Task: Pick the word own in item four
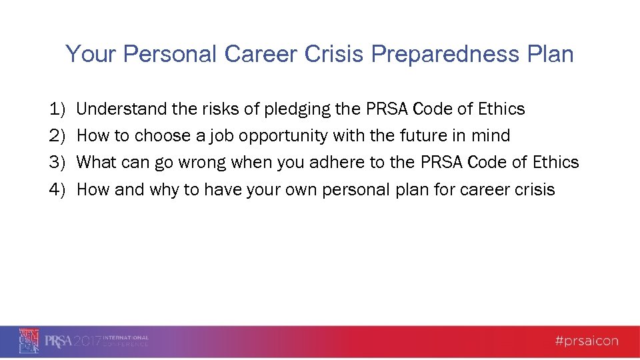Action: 301,190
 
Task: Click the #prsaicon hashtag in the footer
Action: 586,341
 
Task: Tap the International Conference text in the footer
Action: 125,341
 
